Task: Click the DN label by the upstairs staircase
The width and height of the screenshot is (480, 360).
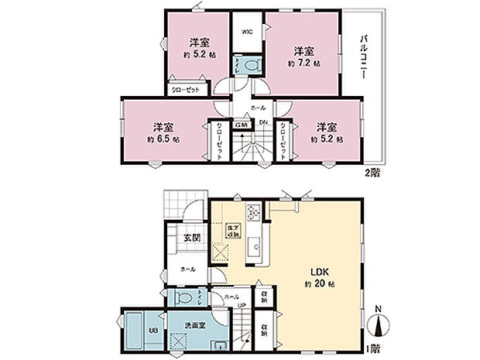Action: pyautogui.click(x=262, y=122)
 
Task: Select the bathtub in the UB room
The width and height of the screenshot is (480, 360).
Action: pyautogui.click(x=133, y=331)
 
